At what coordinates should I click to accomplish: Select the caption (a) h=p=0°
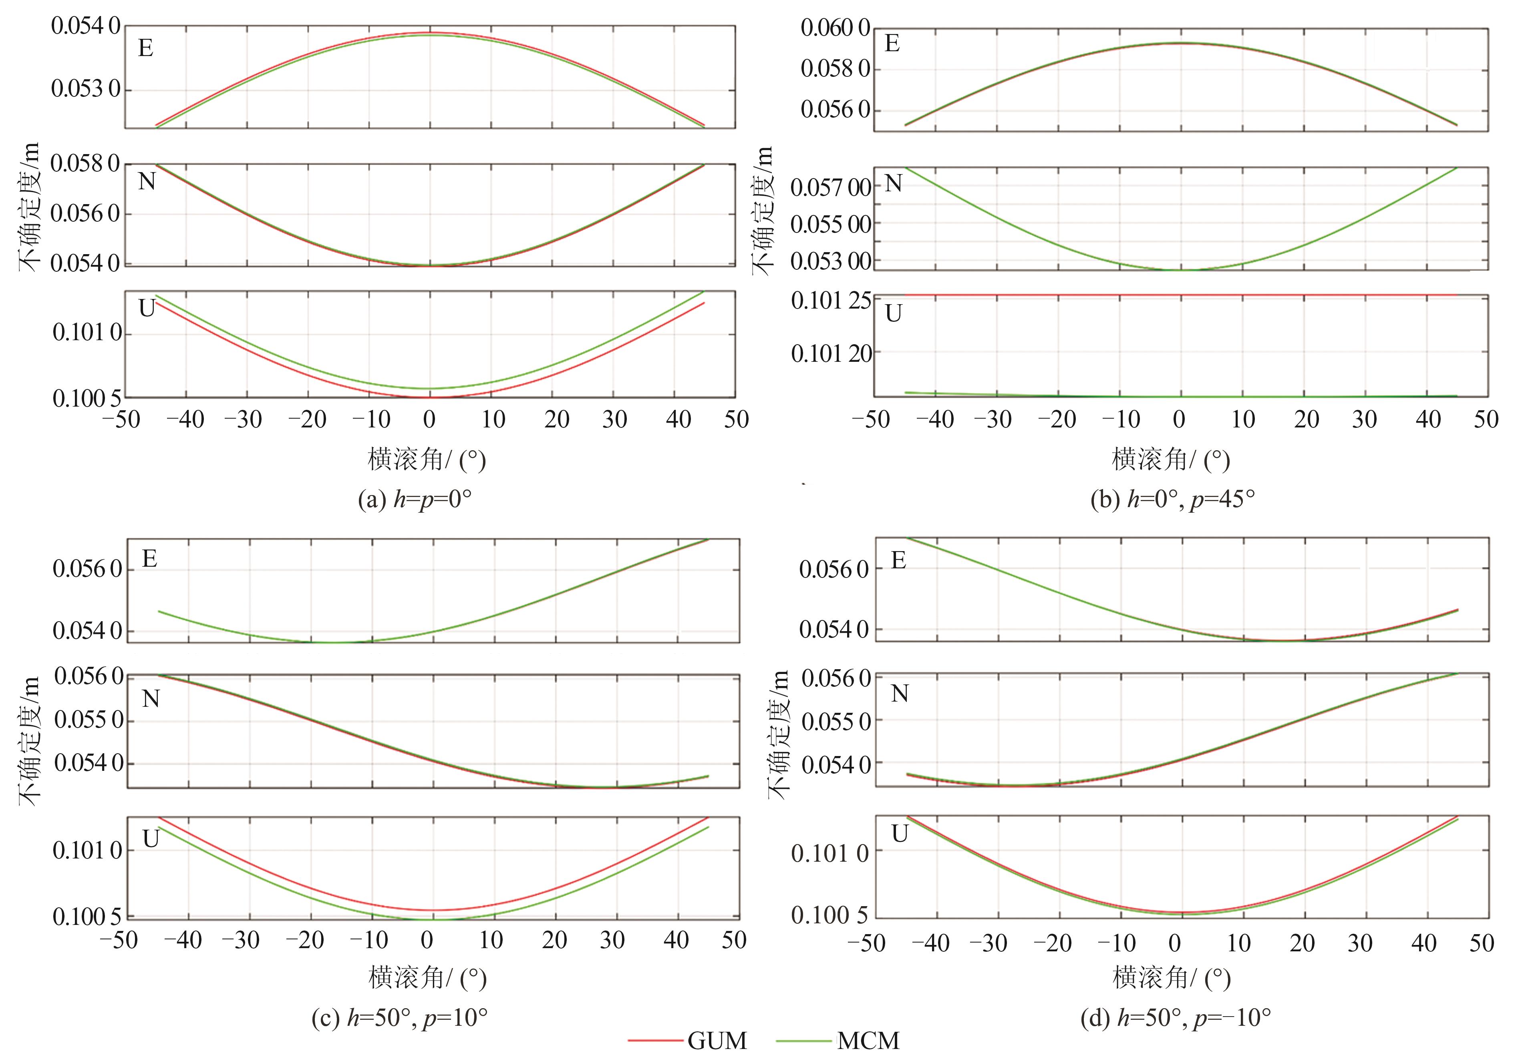coord(415,499)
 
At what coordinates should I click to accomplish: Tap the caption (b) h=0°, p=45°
coord(1172,499)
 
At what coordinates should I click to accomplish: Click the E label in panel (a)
coord(146,48)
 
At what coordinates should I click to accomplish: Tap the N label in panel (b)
coord(894,183)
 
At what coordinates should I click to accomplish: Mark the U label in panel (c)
coord(151,839)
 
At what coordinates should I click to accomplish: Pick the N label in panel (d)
coord(900,694)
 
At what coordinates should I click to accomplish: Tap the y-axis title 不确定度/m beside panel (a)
coord(29,206)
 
